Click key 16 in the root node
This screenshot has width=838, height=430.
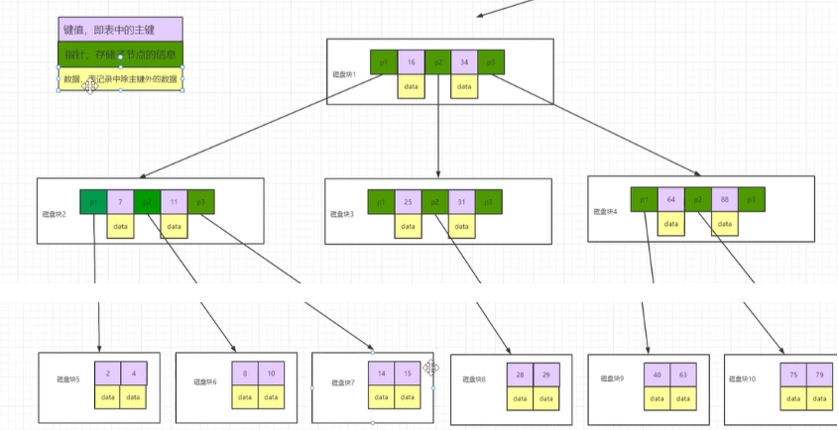coord(411,62)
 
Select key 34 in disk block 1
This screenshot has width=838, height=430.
coord(464,62)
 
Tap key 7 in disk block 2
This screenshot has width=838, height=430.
coord(120,202)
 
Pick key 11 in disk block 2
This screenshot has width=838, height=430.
coord(174,202)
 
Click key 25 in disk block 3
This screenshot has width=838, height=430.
coord(408,202)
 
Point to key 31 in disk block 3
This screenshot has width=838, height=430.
coord(461,202)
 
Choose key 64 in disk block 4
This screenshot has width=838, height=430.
coord(670,199)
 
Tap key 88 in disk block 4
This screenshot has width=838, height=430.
coord(725,199)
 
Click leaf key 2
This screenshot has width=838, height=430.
coord(107,374)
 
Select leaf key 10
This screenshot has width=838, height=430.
coord(271,374)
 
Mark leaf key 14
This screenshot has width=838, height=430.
coord(380,374)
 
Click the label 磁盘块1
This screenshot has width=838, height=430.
coord(344,74)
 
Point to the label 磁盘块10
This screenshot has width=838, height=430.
coord(743,379)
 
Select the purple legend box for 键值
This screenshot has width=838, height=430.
coord(120,30)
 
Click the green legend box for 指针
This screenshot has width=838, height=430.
coord(120,54)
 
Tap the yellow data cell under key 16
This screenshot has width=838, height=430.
coord(411,87)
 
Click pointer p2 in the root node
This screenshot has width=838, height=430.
coord(437,62)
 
